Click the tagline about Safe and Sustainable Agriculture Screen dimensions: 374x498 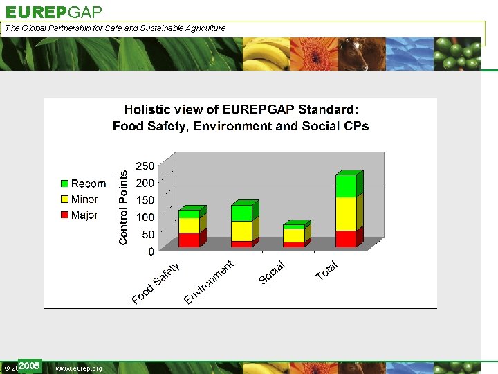pyautogui.click(x=115, y=28)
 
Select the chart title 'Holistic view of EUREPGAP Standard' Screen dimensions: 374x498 pyautogui.click(x=241, y=109)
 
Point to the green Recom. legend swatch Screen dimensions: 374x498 pyautogui.click(x=65, y=184)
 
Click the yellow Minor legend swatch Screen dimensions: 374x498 pyautogui.click(x=65, y=199)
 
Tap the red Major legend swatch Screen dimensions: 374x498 pyautogui.click(x=65, y=215)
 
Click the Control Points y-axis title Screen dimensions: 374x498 pyautogui.click(x=123, y=208)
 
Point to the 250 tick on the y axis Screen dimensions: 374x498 pyautogui.click(x=145, y=166)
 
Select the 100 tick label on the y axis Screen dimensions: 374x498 pyautogui.click(x=145, y=217)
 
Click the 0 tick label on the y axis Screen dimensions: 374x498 pyautogui.click(x=151, y=252)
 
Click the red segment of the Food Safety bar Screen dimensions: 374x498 pyautogui.click(x=189, y=240)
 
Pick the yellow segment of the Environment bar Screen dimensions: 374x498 pyautogui.click(x=241, y=231)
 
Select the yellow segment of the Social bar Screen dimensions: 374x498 pyautogui.click(x=293, y=235)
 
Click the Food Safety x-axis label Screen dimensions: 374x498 pyautogui.click(x=156, y=283)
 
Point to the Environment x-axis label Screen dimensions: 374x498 pyautogui.click(x=210, y=282)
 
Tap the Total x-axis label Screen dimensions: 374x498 pyautogui.click(x=326, y=271)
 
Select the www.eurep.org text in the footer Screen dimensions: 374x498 pyautogui.click(x=78, y=368)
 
